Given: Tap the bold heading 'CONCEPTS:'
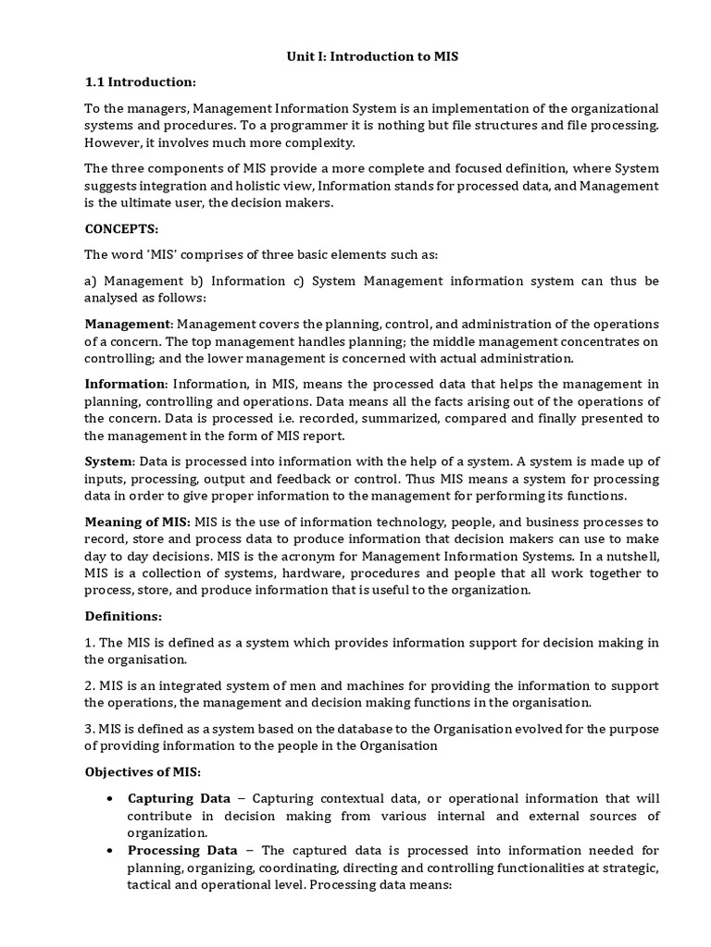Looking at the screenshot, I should (121, 228).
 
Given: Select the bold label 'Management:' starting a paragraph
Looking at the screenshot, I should (129, 325).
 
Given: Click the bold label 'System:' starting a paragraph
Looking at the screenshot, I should (110, 461).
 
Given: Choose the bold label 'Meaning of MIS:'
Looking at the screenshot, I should (138, 522).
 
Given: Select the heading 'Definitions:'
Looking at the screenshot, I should (123, 615).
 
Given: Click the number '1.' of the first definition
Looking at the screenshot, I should (90, 643).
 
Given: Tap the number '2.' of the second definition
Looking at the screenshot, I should (90, 685).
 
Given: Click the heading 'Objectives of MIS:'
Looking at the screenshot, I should (143, 771).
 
